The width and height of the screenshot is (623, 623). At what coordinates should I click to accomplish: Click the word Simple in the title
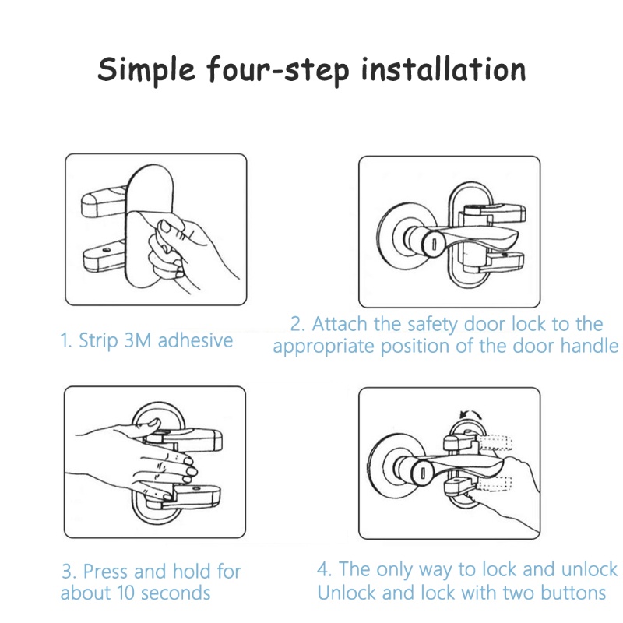146,69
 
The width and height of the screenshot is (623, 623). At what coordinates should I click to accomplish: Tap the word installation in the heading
444,69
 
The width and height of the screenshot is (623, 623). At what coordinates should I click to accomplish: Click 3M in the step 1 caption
138,340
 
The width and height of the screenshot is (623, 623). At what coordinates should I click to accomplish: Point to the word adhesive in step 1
195,340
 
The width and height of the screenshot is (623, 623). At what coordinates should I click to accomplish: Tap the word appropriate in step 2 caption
323,347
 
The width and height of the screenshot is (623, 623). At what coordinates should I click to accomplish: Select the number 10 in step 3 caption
126,593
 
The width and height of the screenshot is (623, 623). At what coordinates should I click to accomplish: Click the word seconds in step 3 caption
176,593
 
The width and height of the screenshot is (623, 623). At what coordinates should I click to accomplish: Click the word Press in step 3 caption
106,572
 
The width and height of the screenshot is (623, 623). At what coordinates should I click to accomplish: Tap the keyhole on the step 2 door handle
434,243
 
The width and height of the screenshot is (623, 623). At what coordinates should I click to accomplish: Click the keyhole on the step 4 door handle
423,473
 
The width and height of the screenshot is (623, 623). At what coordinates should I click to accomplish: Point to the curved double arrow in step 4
470,414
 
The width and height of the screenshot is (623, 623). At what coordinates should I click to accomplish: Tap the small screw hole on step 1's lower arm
107,250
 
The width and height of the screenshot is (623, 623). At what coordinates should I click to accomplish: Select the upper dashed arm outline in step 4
495,443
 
